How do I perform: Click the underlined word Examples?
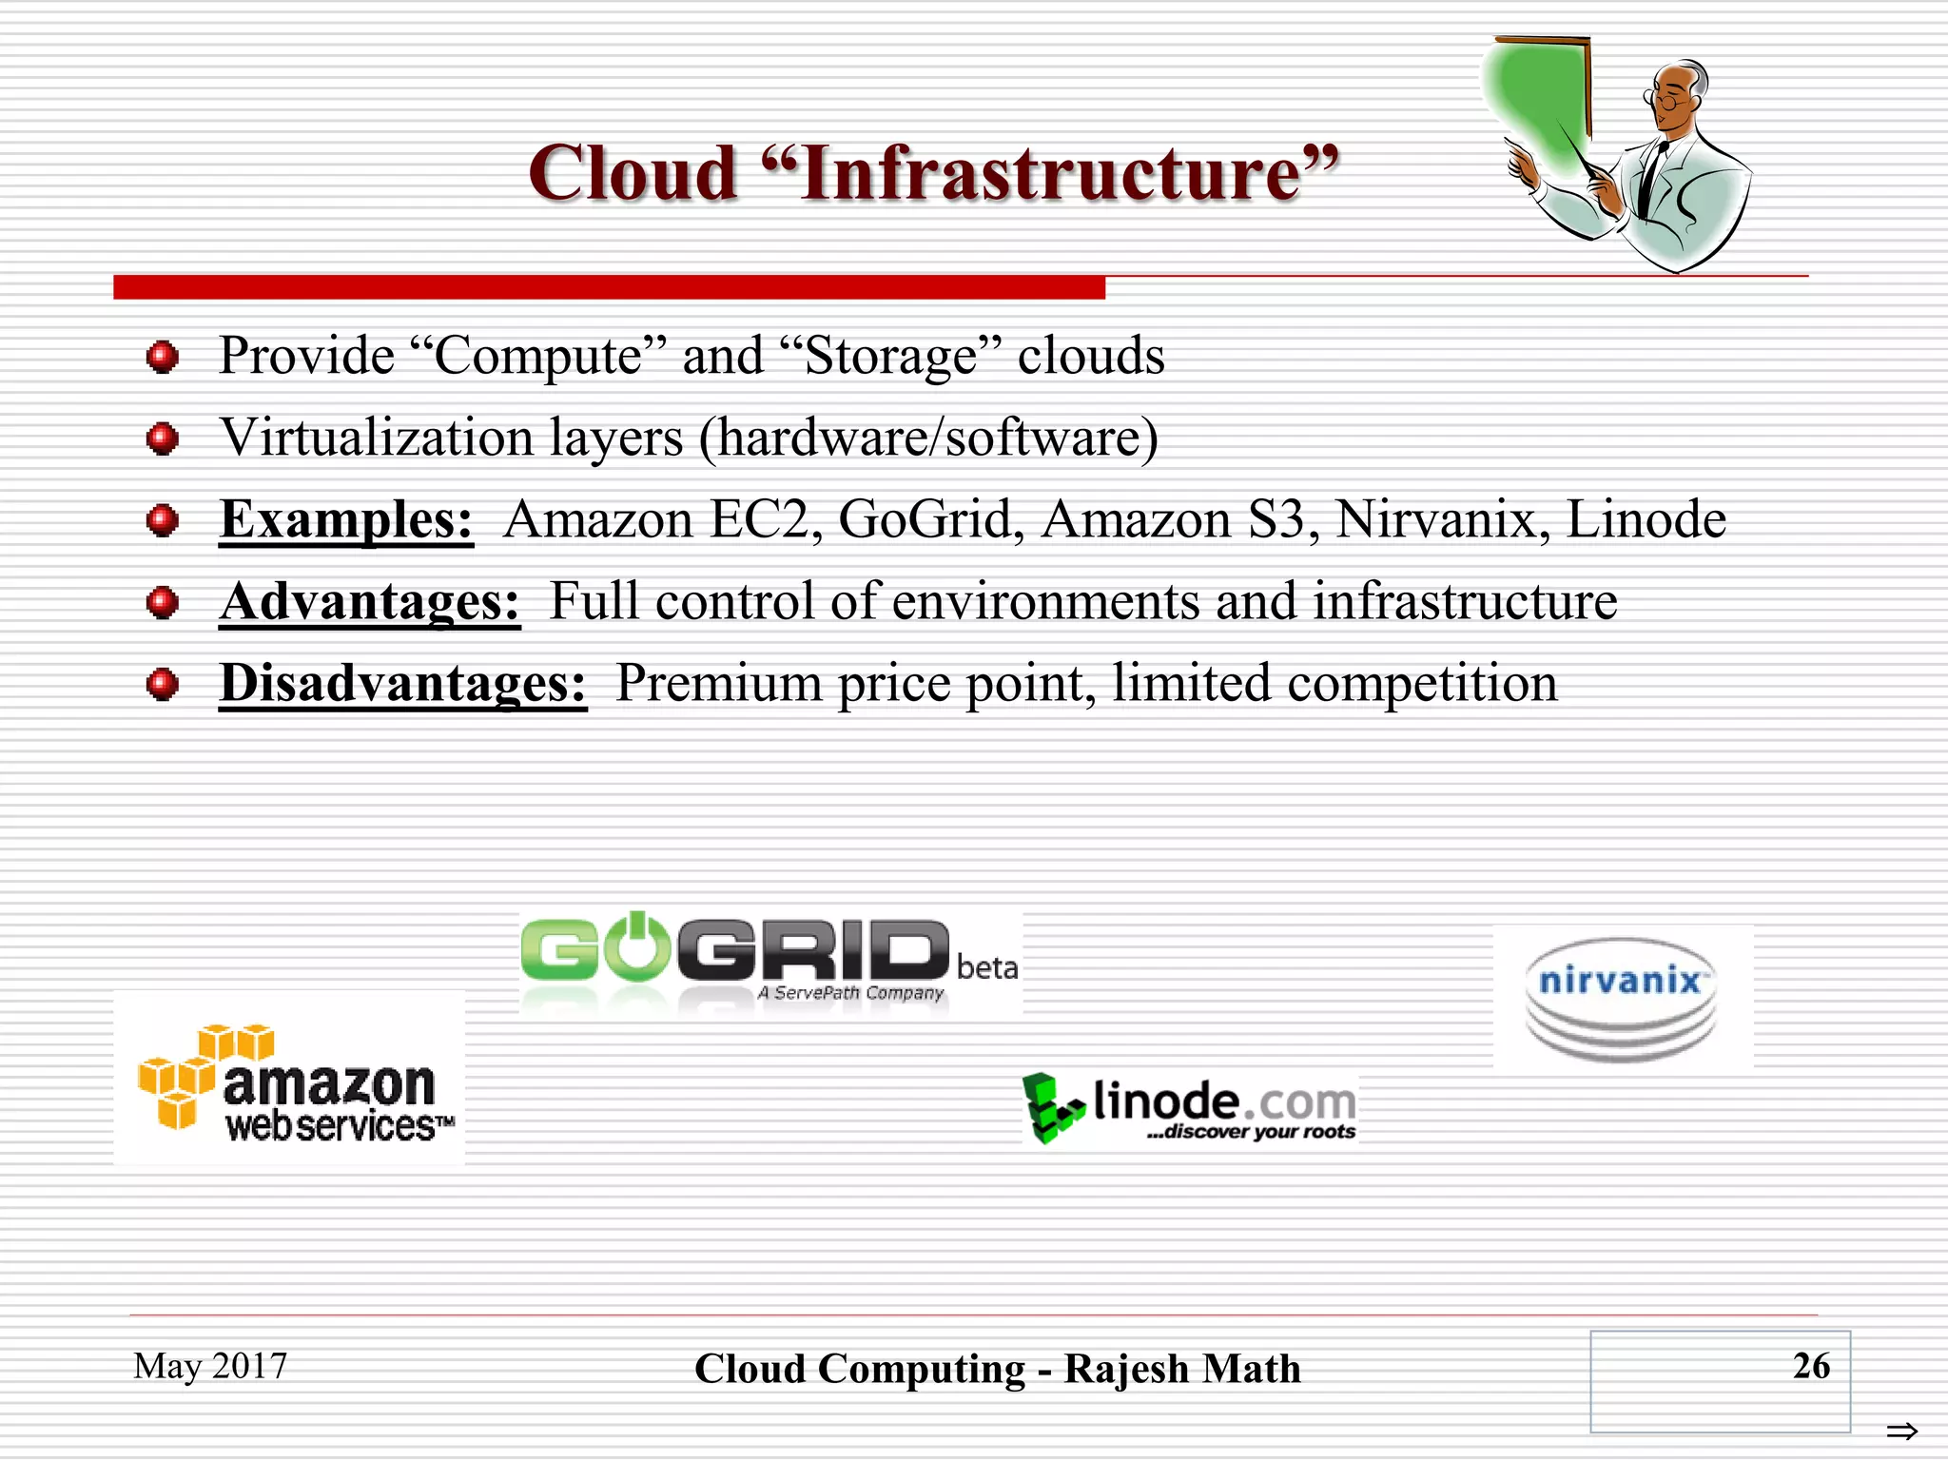[345, 519]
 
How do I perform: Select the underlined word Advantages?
[369, 601]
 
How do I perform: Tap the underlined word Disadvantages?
[402, 683]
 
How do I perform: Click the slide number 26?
[1810, 1366]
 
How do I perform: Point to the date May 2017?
[210, 1366]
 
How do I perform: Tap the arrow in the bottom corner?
[1901, 1431]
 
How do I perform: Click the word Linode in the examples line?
[1646, 519]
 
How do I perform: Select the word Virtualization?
[376, 438]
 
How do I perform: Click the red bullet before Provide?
[163, 358]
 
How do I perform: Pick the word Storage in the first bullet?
[890, 357]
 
